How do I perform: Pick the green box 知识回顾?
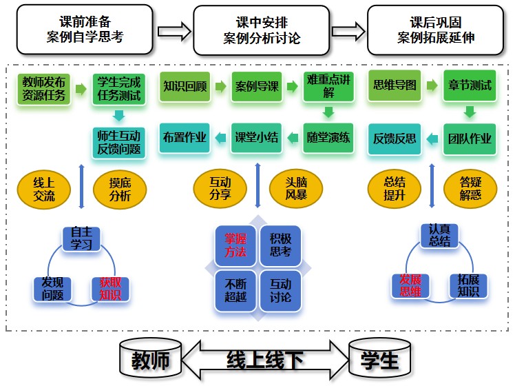tap(185, 87)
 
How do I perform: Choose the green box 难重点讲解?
tap(328, 87)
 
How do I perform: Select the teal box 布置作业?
tap(185, 136)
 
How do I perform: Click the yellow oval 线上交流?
tap(43, 189)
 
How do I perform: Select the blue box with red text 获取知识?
tap(110, 289)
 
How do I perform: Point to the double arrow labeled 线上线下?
tap(265, 359)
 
